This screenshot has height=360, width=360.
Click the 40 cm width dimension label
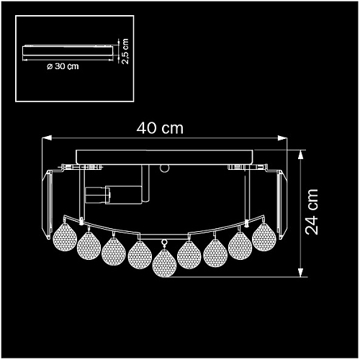click(160, 128)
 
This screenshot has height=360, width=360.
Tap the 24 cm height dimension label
click(312, 212)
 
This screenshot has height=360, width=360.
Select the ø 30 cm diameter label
click(63, 66)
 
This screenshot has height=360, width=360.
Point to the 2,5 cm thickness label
click(125, 51)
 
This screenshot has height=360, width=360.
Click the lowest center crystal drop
click(164, 263)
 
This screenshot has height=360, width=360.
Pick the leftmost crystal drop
click(65, 237)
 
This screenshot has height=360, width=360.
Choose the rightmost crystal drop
click(264, 237)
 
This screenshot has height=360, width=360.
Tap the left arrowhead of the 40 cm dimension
click(47, 138)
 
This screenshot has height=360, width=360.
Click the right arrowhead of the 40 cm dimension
click(282, 138)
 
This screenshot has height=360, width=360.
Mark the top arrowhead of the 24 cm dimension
click(300, 155)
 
